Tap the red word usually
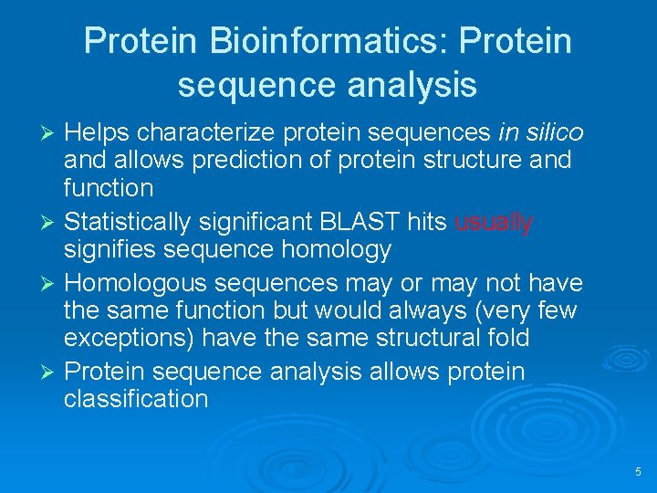494,221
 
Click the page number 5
638,472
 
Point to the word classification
136,399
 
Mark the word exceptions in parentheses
129,338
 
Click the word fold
506,338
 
